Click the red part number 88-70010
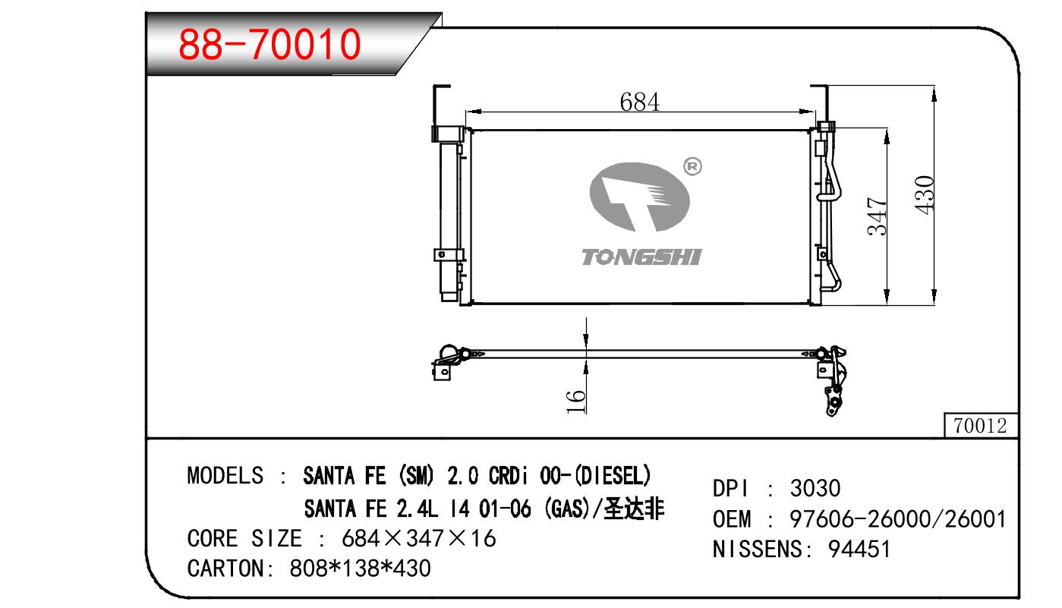[269, 44]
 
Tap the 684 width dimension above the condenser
[640, 102]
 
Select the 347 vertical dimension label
[877, 216]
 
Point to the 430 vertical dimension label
[924, 195]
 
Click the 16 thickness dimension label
[576, 402]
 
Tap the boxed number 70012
[980, 426]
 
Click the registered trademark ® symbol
[692, 167]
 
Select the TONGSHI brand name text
[641, 257]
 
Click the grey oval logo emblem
[640, 197]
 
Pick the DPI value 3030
[815, 489]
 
